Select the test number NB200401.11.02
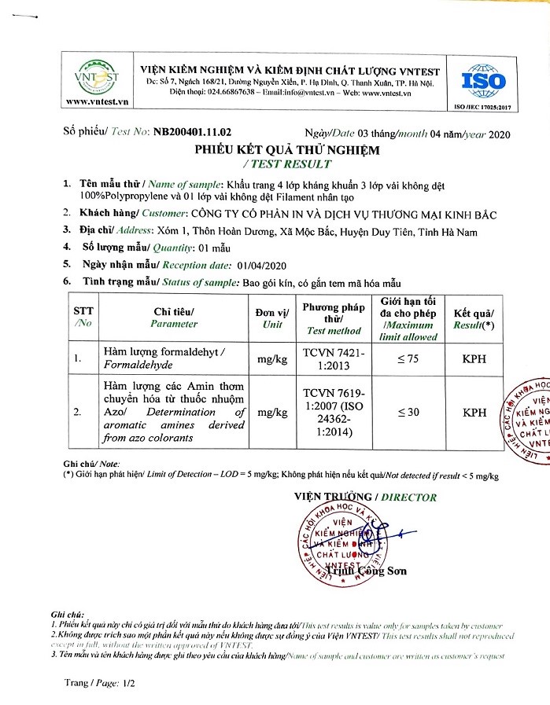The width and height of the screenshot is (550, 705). [x=192, y=133]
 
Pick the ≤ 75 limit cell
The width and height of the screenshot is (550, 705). [x=408, y=359]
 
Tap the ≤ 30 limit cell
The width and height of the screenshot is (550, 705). [x=408, y=412]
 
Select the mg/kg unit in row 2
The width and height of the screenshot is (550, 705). [x=271, y=412]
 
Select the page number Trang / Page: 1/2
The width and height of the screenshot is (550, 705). [x=101, y=683]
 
